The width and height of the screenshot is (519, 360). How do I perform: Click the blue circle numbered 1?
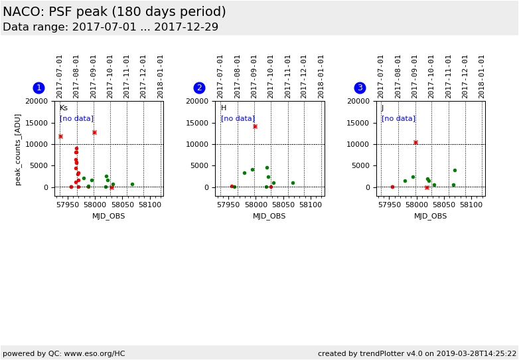[38, 88]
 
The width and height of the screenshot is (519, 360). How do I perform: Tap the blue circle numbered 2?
[199, 88]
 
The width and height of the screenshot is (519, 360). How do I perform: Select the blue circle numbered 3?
[360, 88]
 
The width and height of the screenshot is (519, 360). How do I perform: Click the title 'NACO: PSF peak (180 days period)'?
[114, 12]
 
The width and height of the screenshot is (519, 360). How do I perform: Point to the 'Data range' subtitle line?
[110, 27]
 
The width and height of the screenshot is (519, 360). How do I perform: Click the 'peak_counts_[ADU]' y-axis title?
[18, 149]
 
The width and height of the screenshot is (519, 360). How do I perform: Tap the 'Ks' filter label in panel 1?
[63, 108]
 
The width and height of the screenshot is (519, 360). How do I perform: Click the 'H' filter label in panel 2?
[224, 108]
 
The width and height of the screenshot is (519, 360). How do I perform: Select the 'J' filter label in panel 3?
[382, 108]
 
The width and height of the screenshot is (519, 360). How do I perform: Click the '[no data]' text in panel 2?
[238, 118]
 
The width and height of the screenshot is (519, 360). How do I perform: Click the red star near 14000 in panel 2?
[255, 126]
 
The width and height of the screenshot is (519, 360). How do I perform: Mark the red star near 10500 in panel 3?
[415, 142]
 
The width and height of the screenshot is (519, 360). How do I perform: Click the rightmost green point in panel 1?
[132, 184]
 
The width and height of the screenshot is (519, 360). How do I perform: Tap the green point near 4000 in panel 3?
[455, 170]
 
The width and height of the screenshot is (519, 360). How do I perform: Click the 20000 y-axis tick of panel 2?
[198, 101]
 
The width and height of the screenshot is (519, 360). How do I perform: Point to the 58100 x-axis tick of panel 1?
[150, 205]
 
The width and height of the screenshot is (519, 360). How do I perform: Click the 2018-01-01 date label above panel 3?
[482, 76]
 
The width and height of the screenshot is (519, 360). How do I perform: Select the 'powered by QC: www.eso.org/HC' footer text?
[64, 353]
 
